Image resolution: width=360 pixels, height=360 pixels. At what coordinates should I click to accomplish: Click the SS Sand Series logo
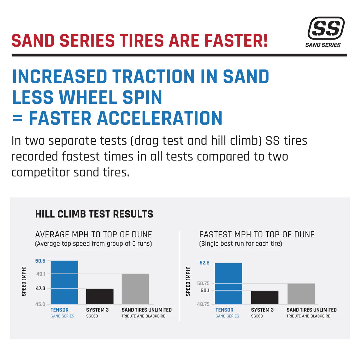click(x=326, y=32)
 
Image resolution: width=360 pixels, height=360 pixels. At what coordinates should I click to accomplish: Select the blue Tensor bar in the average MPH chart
click(x=64, y=282)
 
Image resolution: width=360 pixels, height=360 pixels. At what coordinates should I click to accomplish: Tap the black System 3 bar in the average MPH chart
click(x=100, y=296)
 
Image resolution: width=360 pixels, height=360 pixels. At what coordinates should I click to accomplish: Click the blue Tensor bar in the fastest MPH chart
click(x=228, y=283)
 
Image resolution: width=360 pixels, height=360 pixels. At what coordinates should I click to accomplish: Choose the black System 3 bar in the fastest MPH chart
click(x=265, y=297)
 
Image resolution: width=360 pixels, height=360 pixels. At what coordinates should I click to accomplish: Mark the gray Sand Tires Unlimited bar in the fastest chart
click(x=301, y=294)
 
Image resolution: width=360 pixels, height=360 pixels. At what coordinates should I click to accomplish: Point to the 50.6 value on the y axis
click(x=40, y=261)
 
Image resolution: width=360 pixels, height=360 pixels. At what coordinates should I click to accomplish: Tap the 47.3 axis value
click(x=40, y=289)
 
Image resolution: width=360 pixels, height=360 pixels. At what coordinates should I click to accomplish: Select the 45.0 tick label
click(x=40, y=304)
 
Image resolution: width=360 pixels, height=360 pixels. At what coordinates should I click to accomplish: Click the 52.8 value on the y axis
click(x=204, y=263)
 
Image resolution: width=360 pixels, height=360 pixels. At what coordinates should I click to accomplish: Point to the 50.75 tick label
click(x=203, y=283)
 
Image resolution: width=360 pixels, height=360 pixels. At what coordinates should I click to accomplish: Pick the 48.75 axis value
click(x=203, y=304)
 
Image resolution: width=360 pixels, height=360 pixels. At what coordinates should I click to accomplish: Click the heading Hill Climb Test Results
click(x=94, y=214)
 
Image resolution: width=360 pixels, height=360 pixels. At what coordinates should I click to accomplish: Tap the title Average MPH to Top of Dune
click(x=93, y=234)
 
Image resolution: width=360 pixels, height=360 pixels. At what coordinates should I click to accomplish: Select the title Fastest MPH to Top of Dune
click(x=257, y=234)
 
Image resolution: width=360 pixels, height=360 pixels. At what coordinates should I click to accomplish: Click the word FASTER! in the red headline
click(x=236, y=40)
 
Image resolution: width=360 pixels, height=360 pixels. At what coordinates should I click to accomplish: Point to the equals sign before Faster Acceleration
click(x=17, y=118)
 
